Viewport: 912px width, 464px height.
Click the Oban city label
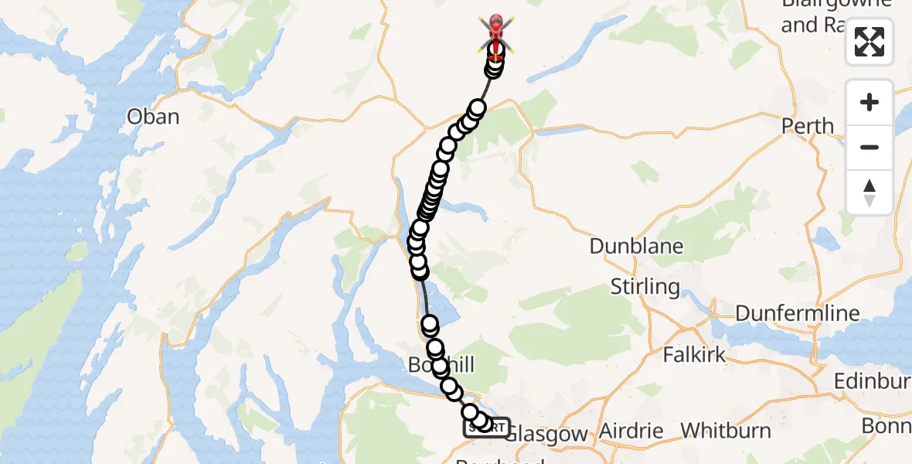pyautogui.click(x=153, y=117)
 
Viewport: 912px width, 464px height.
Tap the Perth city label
pyautogui.click(x=808, y=125)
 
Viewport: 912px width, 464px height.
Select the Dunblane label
pyautogui.click(x=636, y=246)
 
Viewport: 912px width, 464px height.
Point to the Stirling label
pyautogui.click(x=645, y=287)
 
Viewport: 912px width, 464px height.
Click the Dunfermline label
pyautogui.click(x=797, y=313)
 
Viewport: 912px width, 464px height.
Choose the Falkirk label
pyautogui.click(x=694, y=355)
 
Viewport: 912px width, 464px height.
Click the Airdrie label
pyautogui.click(x=631, y=430)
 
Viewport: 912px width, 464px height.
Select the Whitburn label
pyautogui.click(x=726, y=430)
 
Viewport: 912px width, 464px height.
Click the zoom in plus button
pyautogui.click(x=869, y=102)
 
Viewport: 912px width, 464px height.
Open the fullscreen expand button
pyautogui.click(x=869, y=42)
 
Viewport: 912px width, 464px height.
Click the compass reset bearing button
pyautogui.click(x=869, y=192)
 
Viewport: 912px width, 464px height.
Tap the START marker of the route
pyautogui.click(x=487, y=428)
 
